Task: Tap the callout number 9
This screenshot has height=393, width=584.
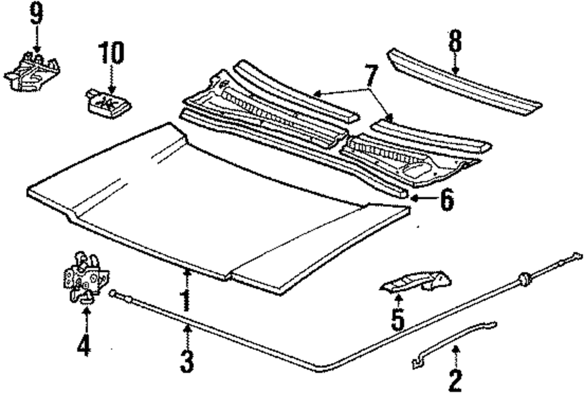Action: click(36, 13)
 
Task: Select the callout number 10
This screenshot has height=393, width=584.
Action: click(110, 54)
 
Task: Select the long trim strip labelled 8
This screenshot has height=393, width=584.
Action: click(464, 82)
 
